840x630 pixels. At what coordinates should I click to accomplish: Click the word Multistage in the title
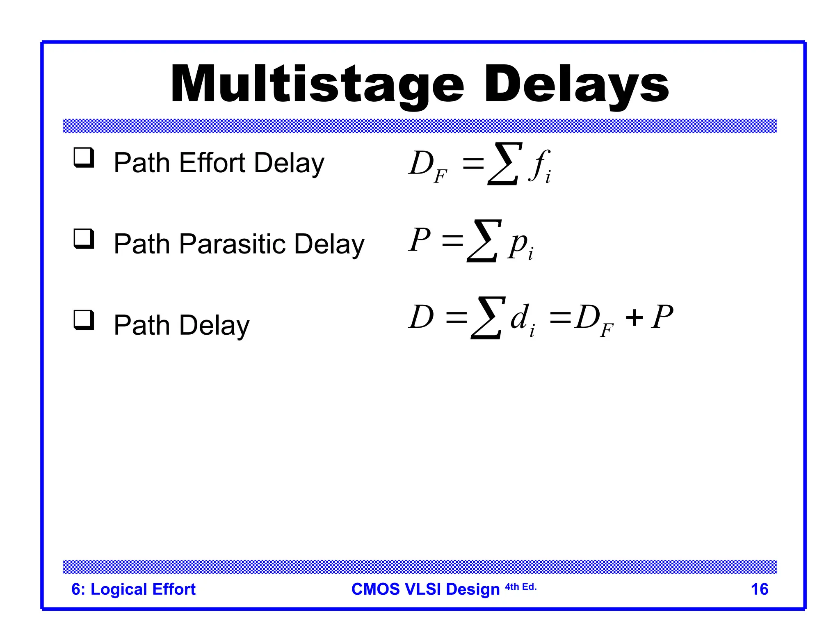coord(317,84)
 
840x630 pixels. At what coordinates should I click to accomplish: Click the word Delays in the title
coord(576,84)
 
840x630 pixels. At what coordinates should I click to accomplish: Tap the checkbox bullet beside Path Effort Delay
coord(84,158)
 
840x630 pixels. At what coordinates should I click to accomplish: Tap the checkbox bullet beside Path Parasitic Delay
coord(84,239)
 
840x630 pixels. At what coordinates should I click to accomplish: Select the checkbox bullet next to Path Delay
coord(84,320)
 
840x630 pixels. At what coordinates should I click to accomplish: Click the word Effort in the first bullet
coord(212,163)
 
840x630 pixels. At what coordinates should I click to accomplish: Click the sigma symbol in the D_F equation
coord(504,164)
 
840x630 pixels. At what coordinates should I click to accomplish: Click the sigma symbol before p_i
coord(484,241)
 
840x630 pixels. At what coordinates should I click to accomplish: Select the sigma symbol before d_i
coord(488,318)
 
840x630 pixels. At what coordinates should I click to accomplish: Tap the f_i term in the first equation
coord(539,166)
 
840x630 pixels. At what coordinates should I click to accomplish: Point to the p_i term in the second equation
coord(520,245)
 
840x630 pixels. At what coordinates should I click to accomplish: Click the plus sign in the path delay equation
coord(634,317)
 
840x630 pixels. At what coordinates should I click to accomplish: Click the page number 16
coord(759,589)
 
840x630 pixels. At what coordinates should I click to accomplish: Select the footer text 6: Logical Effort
coord(133,589)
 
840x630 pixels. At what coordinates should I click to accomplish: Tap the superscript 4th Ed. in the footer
coord(520,587)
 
